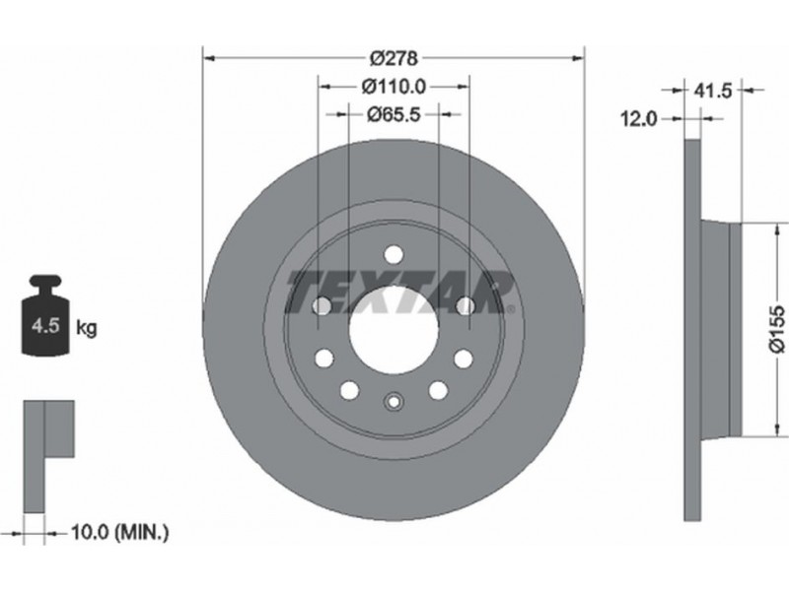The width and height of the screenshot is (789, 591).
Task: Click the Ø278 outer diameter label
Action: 394,58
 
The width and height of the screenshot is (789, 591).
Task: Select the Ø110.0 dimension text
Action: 394,87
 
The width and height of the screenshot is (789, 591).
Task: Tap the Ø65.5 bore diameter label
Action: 394,115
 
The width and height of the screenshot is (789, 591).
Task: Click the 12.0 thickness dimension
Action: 638,119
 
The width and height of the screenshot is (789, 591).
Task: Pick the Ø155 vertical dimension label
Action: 777,329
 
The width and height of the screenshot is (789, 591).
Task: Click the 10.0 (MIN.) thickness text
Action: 119,532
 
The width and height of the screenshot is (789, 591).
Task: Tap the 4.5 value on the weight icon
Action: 45,326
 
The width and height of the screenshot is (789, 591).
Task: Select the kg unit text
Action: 87,328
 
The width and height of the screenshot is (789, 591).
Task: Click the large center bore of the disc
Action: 394,331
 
